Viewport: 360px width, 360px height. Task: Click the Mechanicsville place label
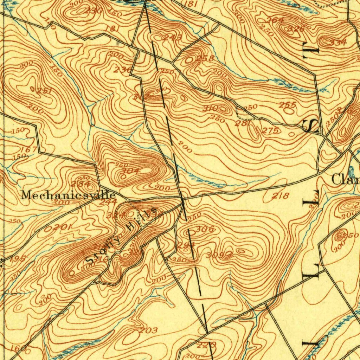tap(68, 195)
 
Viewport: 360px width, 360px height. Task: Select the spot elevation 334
tap(338, 43)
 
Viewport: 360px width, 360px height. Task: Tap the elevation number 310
tap(211, 109)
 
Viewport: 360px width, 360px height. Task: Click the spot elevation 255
tap(287, 105)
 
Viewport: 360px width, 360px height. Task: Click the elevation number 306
tap(205, 230)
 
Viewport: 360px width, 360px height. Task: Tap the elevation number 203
tap(148, 330)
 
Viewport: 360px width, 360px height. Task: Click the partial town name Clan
tap(346, 180)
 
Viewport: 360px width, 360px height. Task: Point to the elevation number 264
tap(275, 20)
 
